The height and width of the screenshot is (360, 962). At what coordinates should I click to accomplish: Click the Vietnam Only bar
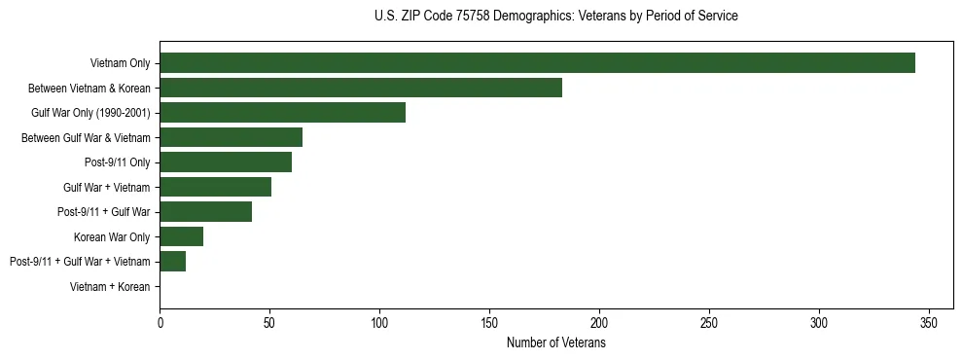tap(537, 63)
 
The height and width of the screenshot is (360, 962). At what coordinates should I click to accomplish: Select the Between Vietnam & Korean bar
tap(361, 88)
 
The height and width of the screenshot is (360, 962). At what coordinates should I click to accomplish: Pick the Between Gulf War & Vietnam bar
tap(231, 137)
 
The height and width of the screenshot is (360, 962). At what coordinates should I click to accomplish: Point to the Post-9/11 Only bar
tap(226, 162)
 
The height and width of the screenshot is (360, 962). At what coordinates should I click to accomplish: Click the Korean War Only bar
tap(181, 236)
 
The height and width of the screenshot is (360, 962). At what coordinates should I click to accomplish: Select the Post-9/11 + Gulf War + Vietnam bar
tap(172, 262)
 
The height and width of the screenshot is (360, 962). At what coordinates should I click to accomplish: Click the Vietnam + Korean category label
tap(111, 287)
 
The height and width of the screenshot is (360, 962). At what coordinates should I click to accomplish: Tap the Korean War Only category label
tap(112, 236)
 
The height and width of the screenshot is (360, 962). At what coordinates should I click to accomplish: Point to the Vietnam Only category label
tap(121, 63)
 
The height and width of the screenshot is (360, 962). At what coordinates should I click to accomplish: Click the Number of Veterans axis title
tap(556, 343)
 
